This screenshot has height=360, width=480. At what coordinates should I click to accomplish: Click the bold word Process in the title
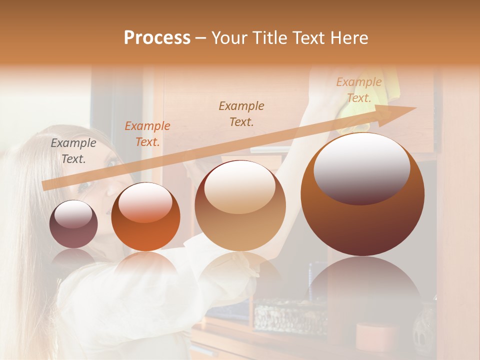tap(157, 38)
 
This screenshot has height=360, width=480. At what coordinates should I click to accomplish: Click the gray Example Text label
tap(73, 151)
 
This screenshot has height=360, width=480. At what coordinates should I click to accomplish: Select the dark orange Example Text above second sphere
tap(147, 134)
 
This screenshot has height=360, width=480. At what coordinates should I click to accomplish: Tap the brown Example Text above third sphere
tap(241, 113)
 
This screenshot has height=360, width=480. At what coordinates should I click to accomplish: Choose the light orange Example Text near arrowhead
tap(358, 90)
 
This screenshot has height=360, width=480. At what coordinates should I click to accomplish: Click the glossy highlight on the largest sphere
tap(361, 168)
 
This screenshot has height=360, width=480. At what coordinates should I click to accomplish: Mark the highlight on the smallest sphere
tap(73, 214)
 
